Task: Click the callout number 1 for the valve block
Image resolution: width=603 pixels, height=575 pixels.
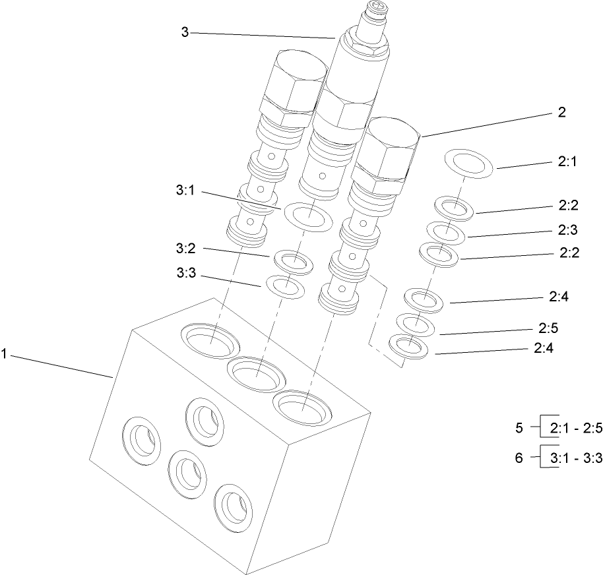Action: [x=5, y=354]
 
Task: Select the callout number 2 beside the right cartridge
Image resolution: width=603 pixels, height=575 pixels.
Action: [x=562, y=112]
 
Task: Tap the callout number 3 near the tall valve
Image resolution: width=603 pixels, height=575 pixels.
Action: [x=185, y=32]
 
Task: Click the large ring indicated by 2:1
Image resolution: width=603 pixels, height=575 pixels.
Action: [x=469, y=163]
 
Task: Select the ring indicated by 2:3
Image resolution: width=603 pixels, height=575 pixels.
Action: [x=446, y=232]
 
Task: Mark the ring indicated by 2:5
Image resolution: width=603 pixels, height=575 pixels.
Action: [x=415, y=324]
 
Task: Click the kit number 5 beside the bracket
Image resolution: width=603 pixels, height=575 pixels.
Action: [x=520, y=428]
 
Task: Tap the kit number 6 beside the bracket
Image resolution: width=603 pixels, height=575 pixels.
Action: [x=520, y=456]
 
